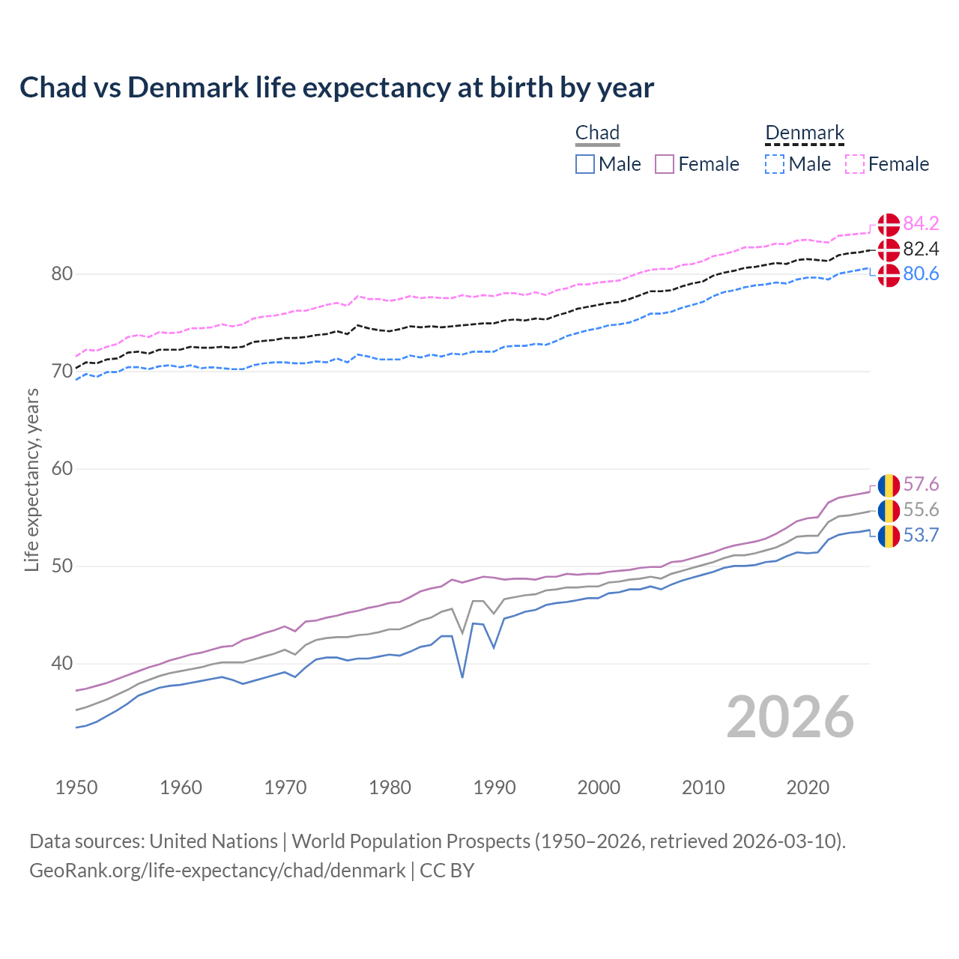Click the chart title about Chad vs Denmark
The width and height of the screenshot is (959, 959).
pos(336,88)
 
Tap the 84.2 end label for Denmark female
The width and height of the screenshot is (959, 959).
pos(921,223)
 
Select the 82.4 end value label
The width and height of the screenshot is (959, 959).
pos(921,249)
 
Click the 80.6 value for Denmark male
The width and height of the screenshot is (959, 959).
pos(921,274)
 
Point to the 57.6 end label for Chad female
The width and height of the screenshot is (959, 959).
pos(921,485)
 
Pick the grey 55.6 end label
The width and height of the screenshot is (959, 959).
pos(921,510)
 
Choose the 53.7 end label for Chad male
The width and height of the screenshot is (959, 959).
pos(921,535)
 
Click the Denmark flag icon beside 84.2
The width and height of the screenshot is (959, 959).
pos(889,224)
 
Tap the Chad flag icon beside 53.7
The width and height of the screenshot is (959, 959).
pos(889,536)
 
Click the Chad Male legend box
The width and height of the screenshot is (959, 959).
pos(585,164)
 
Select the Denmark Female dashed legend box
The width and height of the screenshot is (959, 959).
pos(855,164)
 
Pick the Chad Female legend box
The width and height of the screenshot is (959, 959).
pos(665,164)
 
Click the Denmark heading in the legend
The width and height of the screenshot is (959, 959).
pos(805,133)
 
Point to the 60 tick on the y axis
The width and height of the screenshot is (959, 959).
pos(62,469)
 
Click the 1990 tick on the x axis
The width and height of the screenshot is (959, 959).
pos(494,787)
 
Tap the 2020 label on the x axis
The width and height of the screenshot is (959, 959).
pos(808,787)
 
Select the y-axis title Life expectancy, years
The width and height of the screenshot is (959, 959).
pos(31,479)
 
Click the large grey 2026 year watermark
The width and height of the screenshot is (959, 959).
pos(790,717)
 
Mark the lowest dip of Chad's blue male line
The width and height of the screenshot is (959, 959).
pos(462,677)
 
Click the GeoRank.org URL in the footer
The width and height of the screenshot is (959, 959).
pos(217,871)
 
